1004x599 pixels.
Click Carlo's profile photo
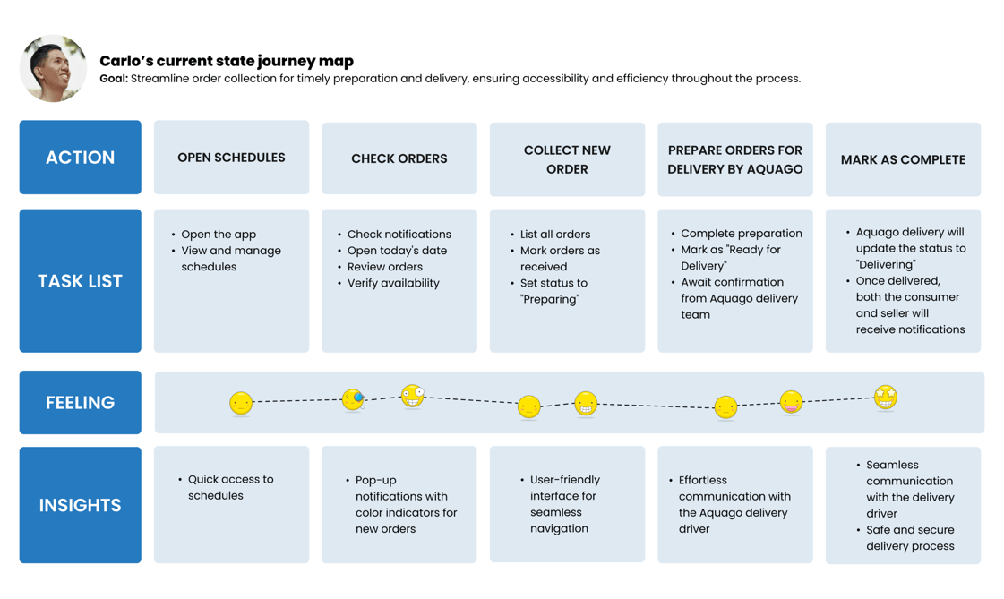(53, 68)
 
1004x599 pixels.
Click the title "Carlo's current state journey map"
(227, 62)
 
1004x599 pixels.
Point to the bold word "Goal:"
(114, 79)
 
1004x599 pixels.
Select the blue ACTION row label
(80, 158)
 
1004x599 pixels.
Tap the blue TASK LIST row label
(80, 281)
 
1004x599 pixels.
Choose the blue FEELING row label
(80, 403)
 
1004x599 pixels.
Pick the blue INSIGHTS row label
(80, 505)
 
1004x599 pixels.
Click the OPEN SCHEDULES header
(231, 158)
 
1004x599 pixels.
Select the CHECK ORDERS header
(399, 158)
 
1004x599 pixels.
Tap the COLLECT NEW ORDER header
(567, 159)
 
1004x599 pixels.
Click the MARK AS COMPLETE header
(903, 159)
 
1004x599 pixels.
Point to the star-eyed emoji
(886, 398)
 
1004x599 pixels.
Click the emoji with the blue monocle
(354, 400)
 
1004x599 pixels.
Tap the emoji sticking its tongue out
(792, 402)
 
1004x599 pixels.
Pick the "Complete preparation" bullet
(736, 234)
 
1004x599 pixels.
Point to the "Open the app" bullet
(214, 235)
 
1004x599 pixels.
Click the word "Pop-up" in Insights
(376, 480)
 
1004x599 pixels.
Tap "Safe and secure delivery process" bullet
(905, 537)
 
